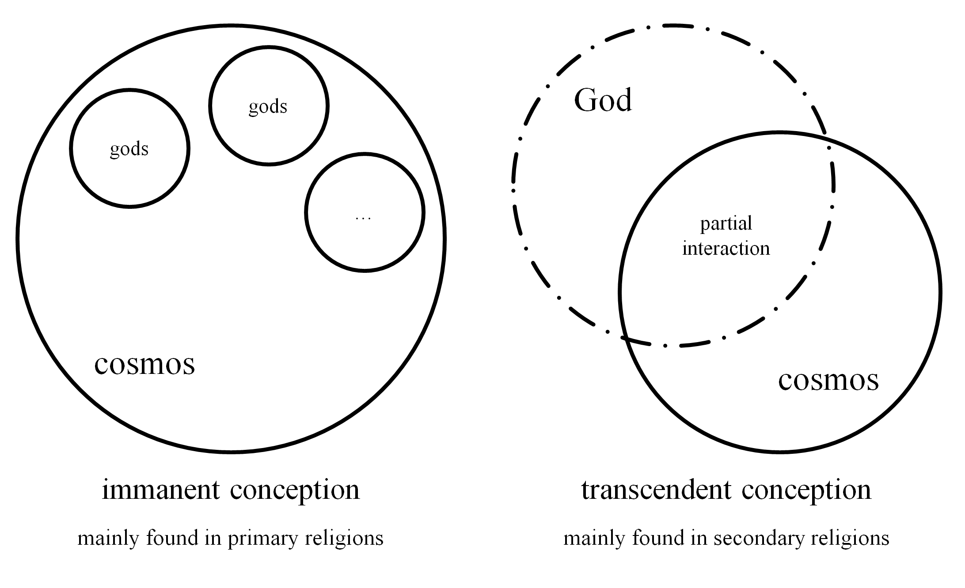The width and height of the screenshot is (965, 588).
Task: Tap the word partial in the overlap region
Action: point(726,224)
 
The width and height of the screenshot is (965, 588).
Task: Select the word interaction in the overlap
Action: point(726,249)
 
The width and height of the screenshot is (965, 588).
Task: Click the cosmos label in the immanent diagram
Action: point(144,365)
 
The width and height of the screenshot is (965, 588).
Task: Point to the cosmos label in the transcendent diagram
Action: point(828,380)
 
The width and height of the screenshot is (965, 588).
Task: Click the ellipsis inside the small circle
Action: point(363,218)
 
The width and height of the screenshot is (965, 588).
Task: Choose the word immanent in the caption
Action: point(161,490)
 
